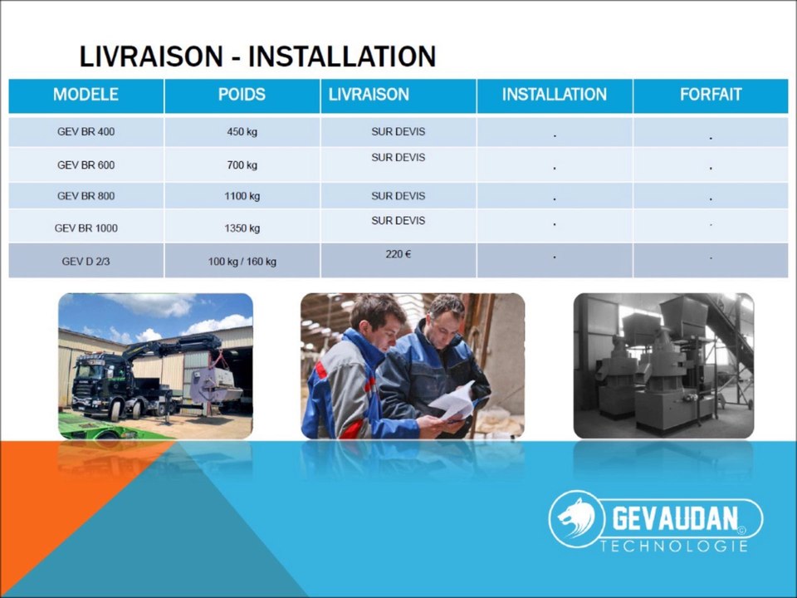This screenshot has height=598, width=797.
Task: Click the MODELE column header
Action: [86, 95]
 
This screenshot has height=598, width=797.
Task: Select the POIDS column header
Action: [242, 95]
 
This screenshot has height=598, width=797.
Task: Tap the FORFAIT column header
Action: [711, 95]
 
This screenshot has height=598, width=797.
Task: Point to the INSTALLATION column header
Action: [555, 95]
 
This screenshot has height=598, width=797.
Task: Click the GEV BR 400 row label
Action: [86, 132]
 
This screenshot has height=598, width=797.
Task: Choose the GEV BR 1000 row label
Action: [86, 228]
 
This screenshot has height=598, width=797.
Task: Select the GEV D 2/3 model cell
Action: [86, 262]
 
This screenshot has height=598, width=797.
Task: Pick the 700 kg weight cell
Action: [242, 165]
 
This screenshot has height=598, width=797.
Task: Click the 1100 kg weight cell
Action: [242, 196]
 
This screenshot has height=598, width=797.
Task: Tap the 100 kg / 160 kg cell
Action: [242, 262]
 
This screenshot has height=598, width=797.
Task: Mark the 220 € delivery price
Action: [398, 254]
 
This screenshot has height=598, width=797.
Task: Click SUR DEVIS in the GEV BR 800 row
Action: [398, 196]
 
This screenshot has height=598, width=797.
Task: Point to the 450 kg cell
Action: [242, 132]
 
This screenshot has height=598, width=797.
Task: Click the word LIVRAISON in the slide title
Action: [151, 56]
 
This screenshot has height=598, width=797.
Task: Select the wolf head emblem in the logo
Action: [577, 518]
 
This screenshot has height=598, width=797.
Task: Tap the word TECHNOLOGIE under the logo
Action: [674, 547]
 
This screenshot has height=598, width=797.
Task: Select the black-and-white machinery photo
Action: [664, 365]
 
